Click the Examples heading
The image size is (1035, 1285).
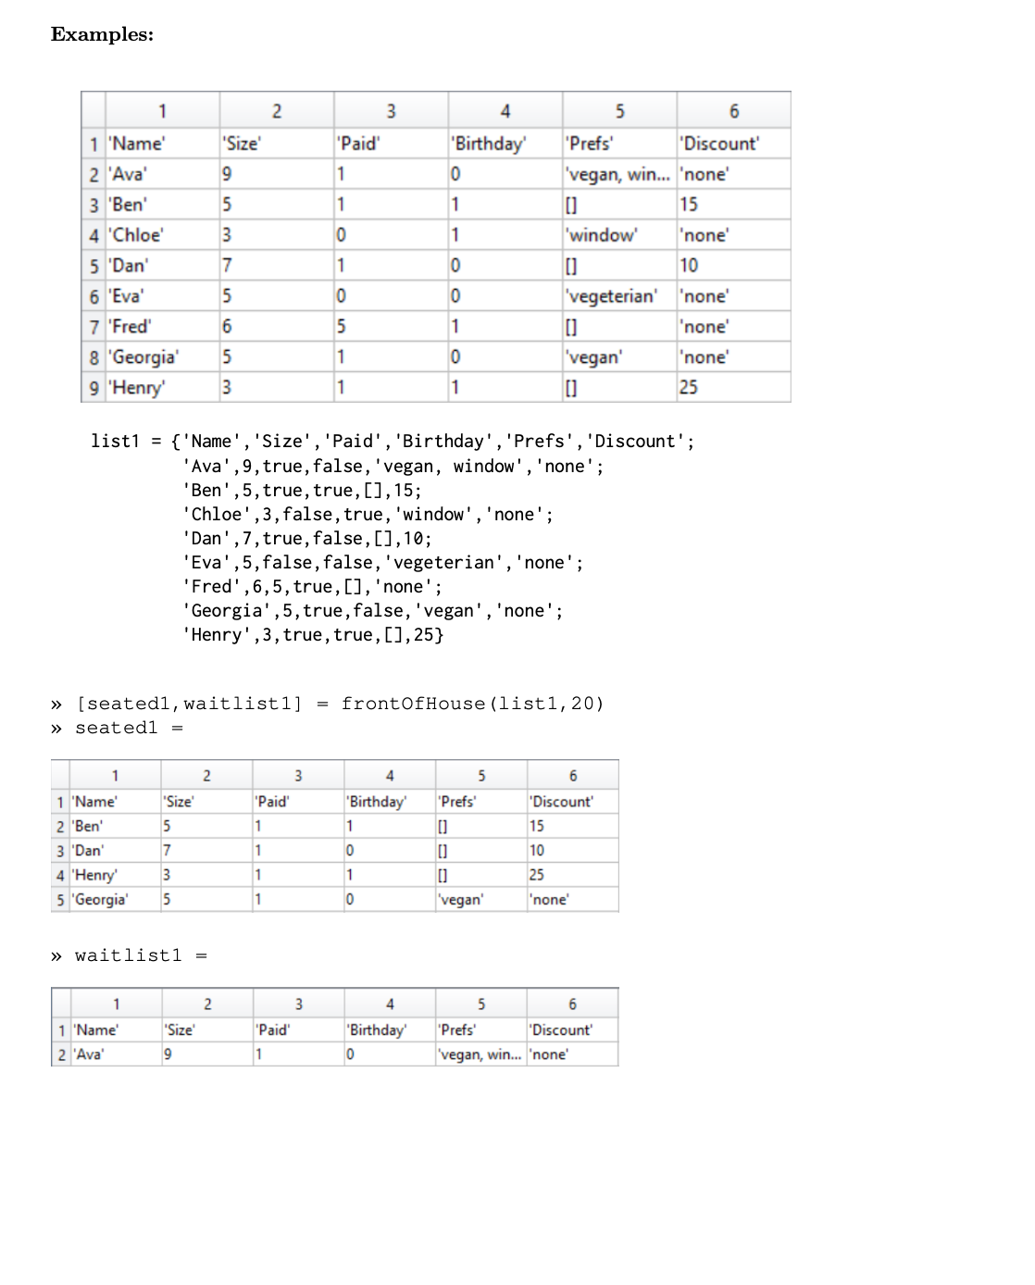coord(102,34)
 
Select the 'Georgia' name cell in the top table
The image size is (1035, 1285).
coord(145,357)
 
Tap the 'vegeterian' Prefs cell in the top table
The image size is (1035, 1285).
coord(611,296)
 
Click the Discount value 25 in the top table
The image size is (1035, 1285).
coord(689,388)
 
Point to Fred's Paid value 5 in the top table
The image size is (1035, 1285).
coord(342,327)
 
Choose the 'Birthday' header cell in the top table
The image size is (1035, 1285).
coord(488,143)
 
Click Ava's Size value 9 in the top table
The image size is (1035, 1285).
coord(227,174)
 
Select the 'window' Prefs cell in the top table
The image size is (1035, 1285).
coord(602,235)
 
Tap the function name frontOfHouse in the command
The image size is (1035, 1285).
coord(413,704)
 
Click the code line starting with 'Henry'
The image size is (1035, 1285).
coord(313,635)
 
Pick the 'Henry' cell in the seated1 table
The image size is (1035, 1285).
coord(95,875)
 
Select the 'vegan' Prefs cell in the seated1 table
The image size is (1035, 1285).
coord(460,900)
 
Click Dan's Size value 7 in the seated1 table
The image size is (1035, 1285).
coord(167,851)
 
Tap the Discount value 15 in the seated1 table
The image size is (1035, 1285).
coord(537,826)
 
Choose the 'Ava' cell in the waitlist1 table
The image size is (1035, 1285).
coord(90,1054)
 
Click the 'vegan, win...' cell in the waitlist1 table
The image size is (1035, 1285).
coord(479,1054)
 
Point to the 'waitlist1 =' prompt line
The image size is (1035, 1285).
coord(140,955)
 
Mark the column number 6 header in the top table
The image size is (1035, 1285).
coord(734,111)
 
